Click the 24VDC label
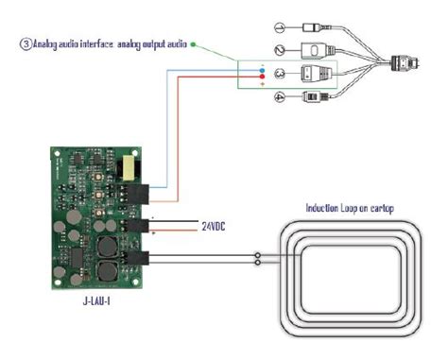(214, 227)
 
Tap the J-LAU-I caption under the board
(100, 303)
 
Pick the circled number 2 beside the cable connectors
(280, 49)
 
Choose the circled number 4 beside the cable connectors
(280, 97)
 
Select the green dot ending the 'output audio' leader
(194, 43)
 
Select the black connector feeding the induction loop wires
(143, 258)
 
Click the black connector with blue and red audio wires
(143, 194)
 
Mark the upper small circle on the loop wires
(258, 254)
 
